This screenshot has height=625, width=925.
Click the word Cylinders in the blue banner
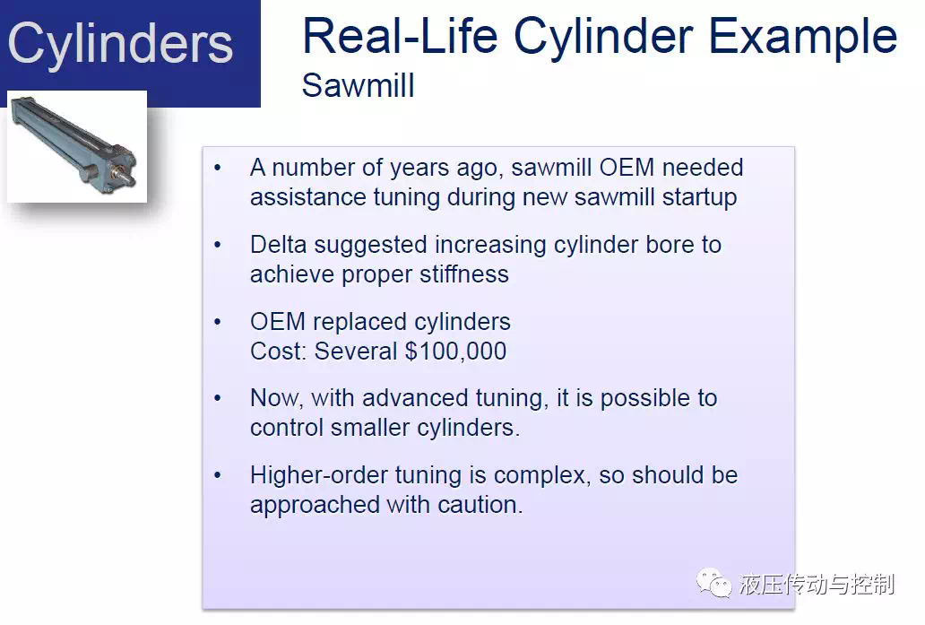120,43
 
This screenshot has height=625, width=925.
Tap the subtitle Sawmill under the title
359,85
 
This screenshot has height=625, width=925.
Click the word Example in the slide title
802,38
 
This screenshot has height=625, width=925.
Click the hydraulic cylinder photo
77,146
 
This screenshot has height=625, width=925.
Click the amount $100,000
455,352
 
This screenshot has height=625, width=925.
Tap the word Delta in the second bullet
279,244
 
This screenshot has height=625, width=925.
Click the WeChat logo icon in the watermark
713,583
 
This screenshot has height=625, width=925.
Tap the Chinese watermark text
817,585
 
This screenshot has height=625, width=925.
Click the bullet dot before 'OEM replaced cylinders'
218,322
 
